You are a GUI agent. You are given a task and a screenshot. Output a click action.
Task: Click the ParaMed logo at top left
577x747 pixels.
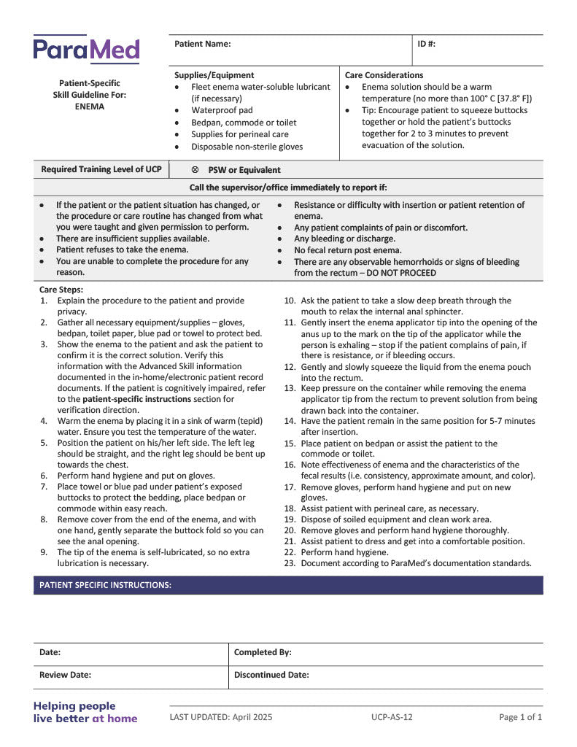pos(86,50)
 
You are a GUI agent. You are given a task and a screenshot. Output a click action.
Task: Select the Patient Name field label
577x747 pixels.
pos(202,44)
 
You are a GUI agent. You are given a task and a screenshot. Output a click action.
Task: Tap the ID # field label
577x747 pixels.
pos(427,44)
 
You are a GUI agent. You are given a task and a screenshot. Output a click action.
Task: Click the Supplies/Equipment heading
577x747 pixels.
pos(214,75)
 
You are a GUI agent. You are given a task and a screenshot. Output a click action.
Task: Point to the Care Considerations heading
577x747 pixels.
pos(384,75)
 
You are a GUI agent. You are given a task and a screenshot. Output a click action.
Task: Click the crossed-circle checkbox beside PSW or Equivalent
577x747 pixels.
pos(195,170)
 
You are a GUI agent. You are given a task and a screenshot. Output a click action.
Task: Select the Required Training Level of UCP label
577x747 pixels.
pos(101,170)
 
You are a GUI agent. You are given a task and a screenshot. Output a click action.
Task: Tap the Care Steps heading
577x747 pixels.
pos(61,290)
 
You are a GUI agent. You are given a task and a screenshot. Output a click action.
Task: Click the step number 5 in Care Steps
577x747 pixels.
pos(44,443)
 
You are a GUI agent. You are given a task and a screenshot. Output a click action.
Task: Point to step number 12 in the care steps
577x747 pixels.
pos(290,367)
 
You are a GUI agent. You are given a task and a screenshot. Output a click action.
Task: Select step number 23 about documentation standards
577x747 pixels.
pos(290,563)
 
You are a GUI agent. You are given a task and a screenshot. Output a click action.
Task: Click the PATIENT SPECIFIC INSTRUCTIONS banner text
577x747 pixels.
pos(106,585)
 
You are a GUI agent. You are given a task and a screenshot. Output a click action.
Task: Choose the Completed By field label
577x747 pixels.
pos(263,653)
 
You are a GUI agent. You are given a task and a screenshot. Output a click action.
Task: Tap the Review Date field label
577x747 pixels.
pos(65,676)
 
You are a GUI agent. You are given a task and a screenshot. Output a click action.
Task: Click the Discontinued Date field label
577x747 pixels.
pos(271,676)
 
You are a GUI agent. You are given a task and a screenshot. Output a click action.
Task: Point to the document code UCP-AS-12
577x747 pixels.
pos(392,717)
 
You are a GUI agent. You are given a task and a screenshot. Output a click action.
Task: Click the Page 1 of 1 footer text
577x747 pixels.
pos(520,717)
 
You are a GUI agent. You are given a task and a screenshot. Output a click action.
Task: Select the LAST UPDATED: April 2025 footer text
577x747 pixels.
pos(221,717)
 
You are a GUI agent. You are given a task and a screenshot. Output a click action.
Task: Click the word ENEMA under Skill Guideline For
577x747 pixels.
pos(90,107)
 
